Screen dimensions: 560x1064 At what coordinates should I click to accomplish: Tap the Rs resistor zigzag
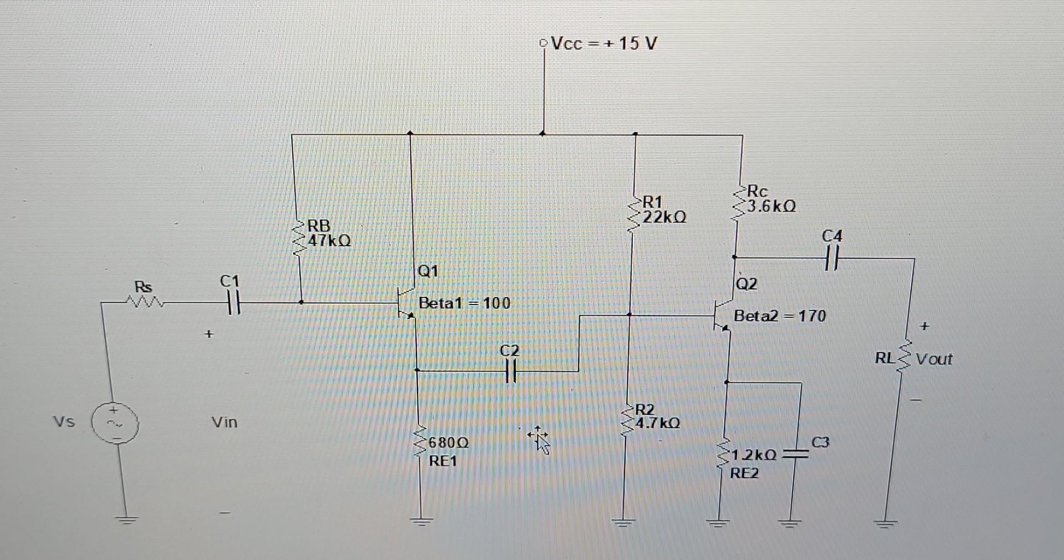[145, 302]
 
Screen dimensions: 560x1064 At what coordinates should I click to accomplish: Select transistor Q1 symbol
[407, 303]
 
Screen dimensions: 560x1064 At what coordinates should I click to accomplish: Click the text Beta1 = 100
[464, 303]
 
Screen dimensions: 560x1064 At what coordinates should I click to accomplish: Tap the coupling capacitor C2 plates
[510, 371]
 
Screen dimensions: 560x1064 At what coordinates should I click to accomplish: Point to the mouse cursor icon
[539, 439]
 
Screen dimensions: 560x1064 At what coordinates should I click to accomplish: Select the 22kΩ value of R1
[664, 217]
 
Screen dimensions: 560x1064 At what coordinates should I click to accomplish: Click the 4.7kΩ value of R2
[657, 423]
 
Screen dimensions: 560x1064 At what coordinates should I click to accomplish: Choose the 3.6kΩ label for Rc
[771, 207]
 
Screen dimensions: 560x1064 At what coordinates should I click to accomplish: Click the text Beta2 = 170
[780, 316]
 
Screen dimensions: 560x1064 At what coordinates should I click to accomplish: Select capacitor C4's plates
[832, 258]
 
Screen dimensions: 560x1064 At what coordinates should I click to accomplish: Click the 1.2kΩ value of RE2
[754, 455]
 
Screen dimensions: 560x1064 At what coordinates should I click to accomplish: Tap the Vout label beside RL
[934, 359]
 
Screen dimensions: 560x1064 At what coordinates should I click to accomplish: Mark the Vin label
[224, 422]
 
